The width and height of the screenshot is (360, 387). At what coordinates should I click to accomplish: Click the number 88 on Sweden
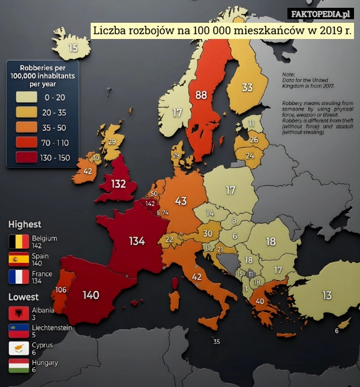tap(201, 95)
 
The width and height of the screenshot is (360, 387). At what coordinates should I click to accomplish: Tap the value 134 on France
tap(137, 241)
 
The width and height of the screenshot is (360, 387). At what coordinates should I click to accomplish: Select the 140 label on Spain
tap(91, 295)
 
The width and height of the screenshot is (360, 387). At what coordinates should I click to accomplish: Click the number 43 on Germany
tap(181, 200)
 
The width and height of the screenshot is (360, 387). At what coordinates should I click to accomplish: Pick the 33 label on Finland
tap(247, 88)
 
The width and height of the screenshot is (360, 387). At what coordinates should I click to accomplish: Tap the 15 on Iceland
tap(73, 48)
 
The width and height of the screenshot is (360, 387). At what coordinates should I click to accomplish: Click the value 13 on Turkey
tap(326, 295)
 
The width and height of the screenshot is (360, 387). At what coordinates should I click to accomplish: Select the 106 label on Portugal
tap(61, 290)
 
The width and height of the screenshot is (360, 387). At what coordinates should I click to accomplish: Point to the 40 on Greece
tap(260, 301)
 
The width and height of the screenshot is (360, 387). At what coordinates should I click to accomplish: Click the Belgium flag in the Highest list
tap(19, 242)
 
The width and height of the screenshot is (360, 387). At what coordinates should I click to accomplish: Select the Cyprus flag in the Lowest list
tap(19, 349)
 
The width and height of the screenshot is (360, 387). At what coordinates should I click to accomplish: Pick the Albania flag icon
tap(19, 313)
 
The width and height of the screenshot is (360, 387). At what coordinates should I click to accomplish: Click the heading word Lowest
tap(23, 297)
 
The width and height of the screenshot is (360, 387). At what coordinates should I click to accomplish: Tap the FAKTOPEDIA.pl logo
tap(321, 14)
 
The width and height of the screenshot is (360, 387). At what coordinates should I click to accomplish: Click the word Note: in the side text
tap(288, 74)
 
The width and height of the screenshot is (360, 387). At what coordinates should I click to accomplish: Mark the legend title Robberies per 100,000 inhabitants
tap(43, 76)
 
